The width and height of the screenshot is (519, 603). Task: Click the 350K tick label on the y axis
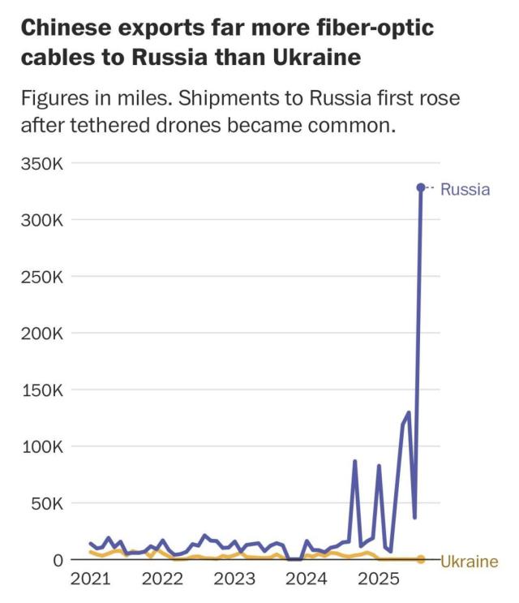(41, 163)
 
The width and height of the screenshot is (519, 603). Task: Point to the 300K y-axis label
(41, 220)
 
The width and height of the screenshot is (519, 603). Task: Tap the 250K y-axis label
(41, 277)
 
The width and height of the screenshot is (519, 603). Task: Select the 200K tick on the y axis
(41, 334)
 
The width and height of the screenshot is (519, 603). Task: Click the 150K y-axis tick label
(41, 390)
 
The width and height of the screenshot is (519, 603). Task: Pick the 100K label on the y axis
(41, 447)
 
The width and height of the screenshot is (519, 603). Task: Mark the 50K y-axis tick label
(45, 504)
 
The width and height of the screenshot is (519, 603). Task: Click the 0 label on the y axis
(57, 561)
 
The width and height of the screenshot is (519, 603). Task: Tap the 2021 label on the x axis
(90, 580)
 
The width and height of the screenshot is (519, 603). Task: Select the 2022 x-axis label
(162, 580)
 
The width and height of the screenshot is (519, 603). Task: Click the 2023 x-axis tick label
(234, 580)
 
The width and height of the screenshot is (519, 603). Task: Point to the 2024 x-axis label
(307, 580)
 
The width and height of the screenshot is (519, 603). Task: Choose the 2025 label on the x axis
(379, 580)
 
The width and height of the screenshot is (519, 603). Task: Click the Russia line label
(465, 189)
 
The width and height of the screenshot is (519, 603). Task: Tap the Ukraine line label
(470, 562)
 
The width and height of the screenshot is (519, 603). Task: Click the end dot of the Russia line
(421, 187)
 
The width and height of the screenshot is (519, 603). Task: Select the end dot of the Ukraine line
(421, 560)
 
